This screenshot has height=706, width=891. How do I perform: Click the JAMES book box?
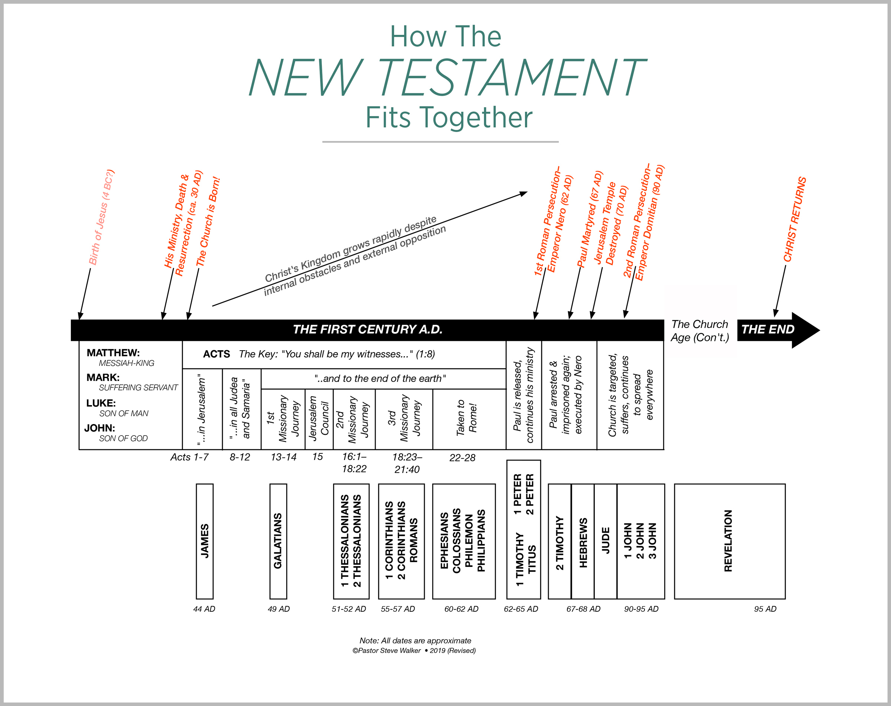click(x=205, y=541)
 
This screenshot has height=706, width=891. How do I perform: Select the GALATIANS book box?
click(x=278, y=541)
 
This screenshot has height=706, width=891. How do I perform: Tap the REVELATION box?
click(x=729, y=541)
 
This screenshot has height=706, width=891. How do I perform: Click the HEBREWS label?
click(x=583, y=542)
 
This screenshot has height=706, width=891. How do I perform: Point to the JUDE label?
click(x=606, y=541)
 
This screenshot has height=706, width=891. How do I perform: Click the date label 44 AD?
click(x=204, y=609)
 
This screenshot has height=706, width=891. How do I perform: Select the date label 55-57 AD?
click(x=398, y=609)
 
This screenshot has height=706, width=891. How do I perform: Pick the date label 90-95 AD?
click(x=641, y=609)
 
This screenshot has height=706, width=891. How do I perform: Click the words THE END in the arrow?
click(x=767, y=329)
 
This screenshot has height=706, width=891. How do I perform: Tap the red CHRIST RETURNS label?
click(x=795, y=220)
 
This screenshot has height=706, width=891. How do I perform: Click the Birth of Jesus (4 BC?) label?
click(x=101, y=217)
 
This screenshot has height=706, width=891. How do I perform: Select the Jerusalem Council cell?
click(x=319, y=418)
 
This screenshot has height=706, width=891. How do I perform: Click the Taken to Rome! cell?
click(x=467, y=418)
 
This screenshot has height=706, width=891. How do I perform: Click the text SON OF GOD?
click(x=123, y=439)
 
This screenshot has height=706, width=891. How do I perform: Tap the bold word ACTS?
click(x=216, y=354)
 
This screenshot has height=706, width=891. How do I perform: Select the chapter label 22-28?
click(x=462, y=457)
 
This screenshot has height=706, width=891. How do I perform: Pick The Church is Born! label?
click(x=208, y=222)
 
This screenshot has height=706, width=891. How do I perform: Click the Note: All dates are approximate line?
click(x=415, y=641)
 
